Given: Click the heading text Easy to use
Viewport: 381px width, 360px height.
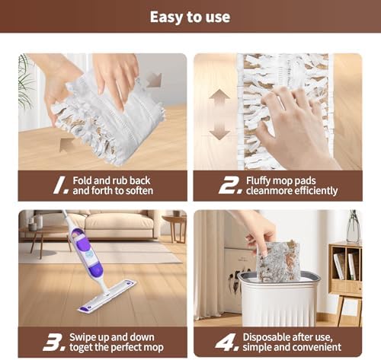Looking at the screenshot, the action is click(190, 17).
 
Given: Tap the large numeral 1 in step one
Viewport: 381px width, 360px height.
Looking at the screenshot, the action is click(60, 186).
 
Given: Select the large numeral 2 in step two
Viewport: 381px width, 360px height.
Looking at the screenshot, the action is click(230, 186).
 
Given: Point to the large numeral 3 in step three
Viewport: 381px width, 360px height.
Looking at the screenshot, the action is click(54, 342).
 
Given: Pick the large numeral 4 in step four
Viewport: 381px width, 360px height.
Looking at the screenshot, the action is click(227, 342).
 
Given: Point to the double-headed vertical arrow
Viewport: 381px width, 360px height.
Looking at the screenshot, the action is click(219, 114).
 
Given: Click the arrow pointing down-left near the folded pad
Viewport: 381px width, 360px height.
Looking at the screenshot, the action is click(154, 80).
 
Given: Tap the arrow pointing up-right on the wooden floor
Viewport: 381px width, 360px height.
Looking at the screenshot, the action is click(66, 145).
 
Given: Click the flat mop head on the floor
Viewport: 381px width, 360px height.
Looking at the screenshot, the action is click(107, 295).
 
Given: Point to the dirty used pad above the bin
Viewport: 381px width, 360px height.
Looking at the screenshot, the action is click(278, 261).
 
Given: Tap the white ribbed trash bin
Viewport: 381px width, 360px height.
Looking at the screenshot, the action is click(279, 299).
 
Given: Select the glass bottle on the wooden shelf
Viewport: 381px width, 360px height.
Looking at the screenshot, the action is click(354, 227).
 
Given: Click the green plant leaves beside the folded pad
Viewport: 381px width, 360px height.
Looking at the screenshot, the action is click(26, 82).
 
